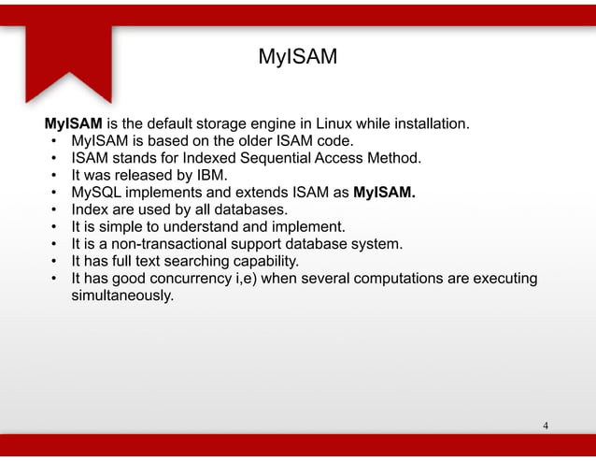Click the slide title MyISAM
(297, 59)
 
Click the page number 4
(546, 426)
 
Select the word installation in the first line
(428, 123)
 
